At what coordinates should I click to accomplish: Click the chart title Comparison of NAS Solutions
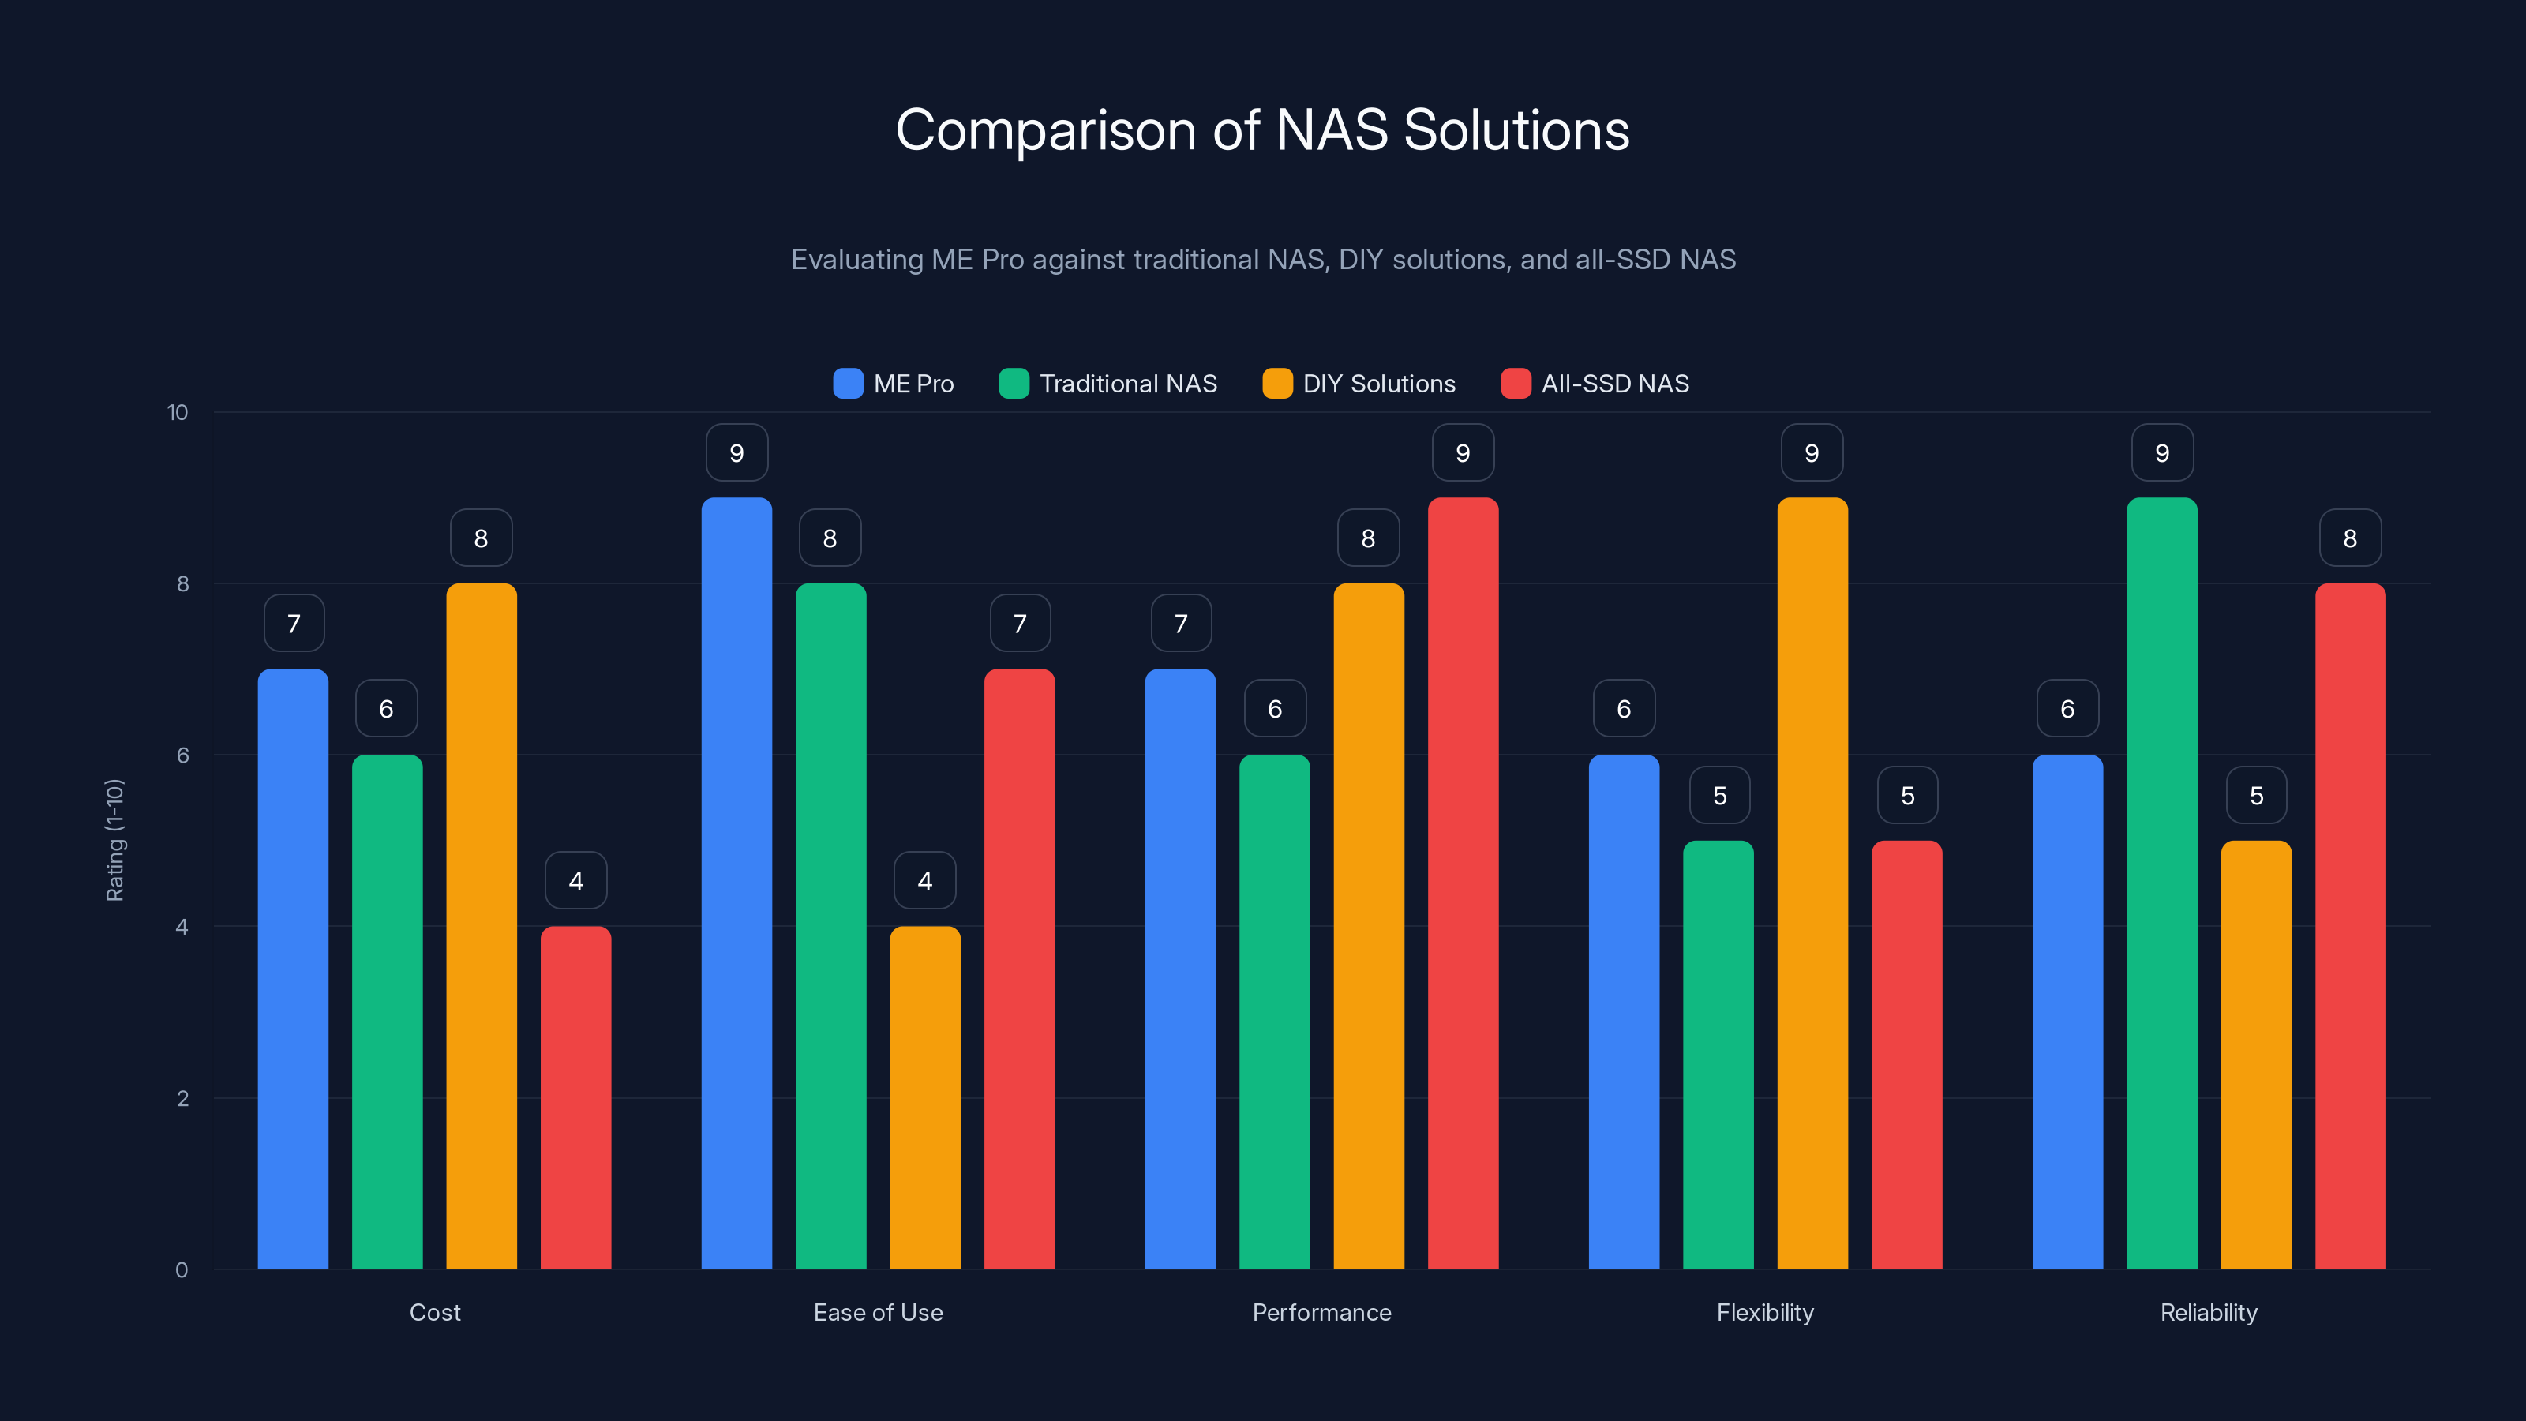click(x=1262, y=130)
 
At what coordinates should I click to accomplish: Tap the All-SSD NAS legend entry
click(x=1595, y=384)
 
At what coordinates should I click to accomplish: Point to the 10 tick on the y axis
click(x=178, y=413)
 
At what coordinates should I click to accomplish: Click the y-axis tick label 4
click(x=182, y=927)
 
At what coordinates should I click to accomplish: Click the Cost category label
click(x=434, y=1312)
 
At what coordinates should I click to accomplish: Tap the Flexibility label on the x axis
click(x=1765, y=1312)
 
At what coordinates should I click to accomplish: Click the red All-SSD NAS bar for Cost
click(x=575, y=1098)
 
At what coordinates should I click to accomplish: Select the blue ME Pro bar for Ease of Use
click(x=736, y=883)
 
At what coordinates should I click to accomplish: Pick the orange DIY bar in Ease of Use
click(x=924, y=1098)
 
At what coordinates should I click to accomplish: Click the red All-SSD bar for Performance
click(x=1463, y=883)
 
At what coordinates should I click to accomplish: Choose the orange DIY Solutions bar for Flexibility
click(x=1812, y=883)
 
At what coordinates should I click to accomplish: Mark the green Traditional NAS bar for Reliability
click(x=2161, y=883)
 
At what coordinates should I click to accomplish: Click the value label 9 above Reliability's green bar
click(x=2162, y=453)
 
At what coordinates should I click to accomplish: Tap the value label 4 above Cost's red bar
click(x=575, y=881)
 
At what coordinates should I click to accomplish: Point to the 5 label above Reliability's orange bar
click(x=2256, y=795)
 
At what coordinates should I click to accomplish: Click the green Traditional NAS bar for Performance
click(x=1275, y=1010)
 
